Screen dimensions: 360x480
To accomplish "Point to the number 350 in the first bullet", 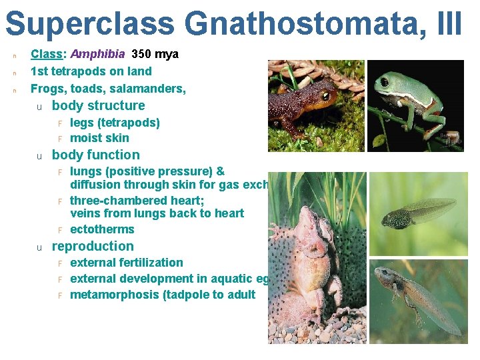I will point(142,54).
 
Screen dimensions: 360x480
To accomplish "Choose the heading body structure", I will point(98,105).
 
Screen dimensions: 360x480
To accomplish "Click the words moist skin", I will point(99,138).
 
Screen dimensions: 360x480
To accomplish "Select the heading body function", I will point(95,155).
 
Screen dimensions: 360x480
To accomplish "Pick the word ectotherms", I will point(102,229).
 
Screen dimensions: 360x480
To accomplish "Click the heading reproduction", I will point(93,246).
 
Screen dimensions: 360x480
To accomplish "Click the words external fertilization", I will point(126,263).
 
